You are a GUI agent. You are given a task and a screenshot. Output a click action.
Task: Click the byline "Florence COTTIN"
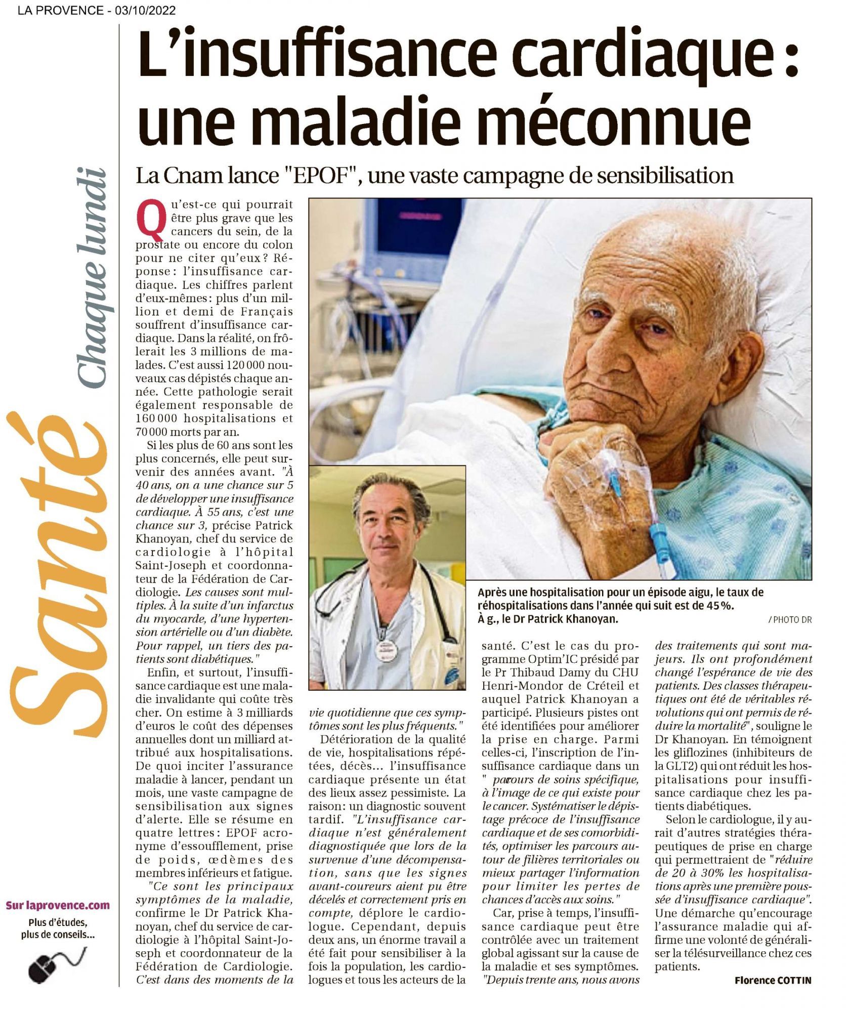click(x=773, y=980)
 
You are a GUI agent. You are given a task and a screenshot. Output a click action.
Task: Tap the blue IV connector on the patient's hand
click(x=657, y=531)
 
